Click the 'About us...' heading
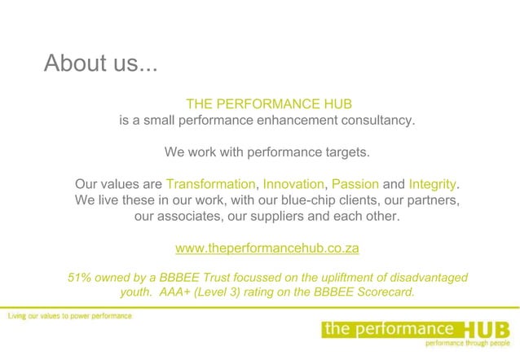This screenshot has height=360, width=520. [x=100, y=64]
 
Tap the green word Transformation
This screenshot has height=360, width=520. [x=210, y=184]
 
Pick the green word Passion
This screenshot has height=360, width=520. [x=355, y=184]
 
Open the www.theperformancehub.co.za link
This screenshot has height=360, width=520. [x=267, y=248]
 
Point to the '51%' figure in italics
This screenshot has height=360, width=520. [x=80, y=278]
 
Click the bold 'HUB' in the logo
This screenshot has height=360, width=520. [x=487, y=329]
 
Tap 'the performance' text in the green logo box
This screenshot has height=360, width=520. [x=388, y=328]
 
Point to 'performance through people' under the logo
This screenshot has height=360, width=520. [x=468, y=343]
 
